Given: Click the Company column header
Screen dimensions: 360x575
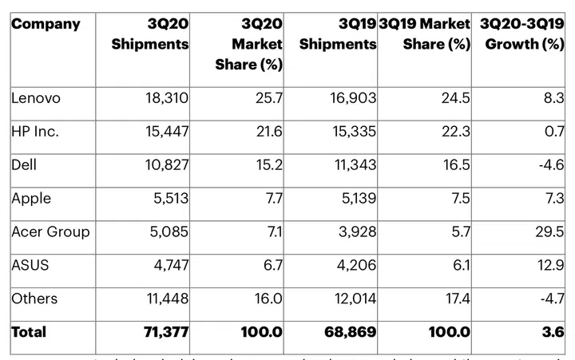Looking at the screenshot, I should (x=46, y=24).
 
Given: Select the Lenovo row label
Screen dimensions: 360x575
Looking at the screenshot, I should (x=37, y=98).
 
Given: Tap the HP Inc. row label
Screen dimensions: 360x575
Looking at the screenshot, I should (x=36, y=132).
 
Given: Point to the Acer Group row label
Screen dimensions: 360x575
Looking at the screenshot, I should (x=50, y=231).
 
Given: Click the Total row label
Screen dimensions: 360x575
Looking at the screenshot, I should (x=29, y=331).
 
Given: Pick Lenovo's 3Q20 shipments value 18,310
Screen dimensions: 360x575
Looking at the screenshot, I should (x=164, y=98).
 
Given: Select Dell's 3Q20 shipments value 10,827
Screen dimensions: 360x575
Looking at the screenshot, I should (x=164, y=165).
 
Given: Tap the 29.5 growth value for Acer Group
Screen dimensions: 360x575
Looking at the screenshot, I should (x=549, y=232).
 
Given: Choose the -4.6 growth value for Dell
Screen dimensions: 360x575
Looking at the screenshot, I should (x=549, y=165).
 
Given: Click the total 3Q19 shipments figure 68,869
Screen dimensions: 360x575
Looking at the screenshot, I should (x=348, y=331).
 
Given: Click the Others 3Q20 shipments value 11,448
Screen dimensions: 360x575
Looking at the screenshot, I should (x=164, y=299).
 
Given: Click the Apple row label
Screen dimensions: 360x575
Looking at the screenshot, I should (x=33, y=199).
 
